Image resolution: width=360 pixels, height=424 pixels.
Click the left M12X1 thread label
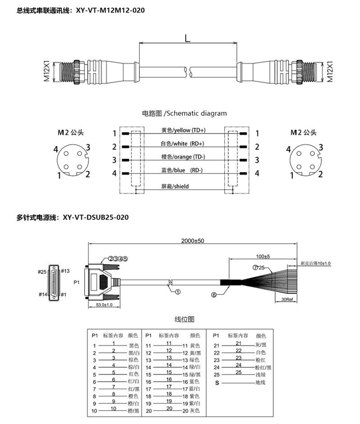coord(46,71)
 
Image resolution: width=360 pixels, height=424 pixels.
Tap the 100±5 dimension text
coord(263,256)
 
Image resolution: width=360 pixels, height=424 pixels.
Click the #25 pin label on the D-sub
coord(43,271)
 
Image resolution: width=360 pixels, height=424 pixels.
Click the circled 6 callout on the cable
coord(213,295)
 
